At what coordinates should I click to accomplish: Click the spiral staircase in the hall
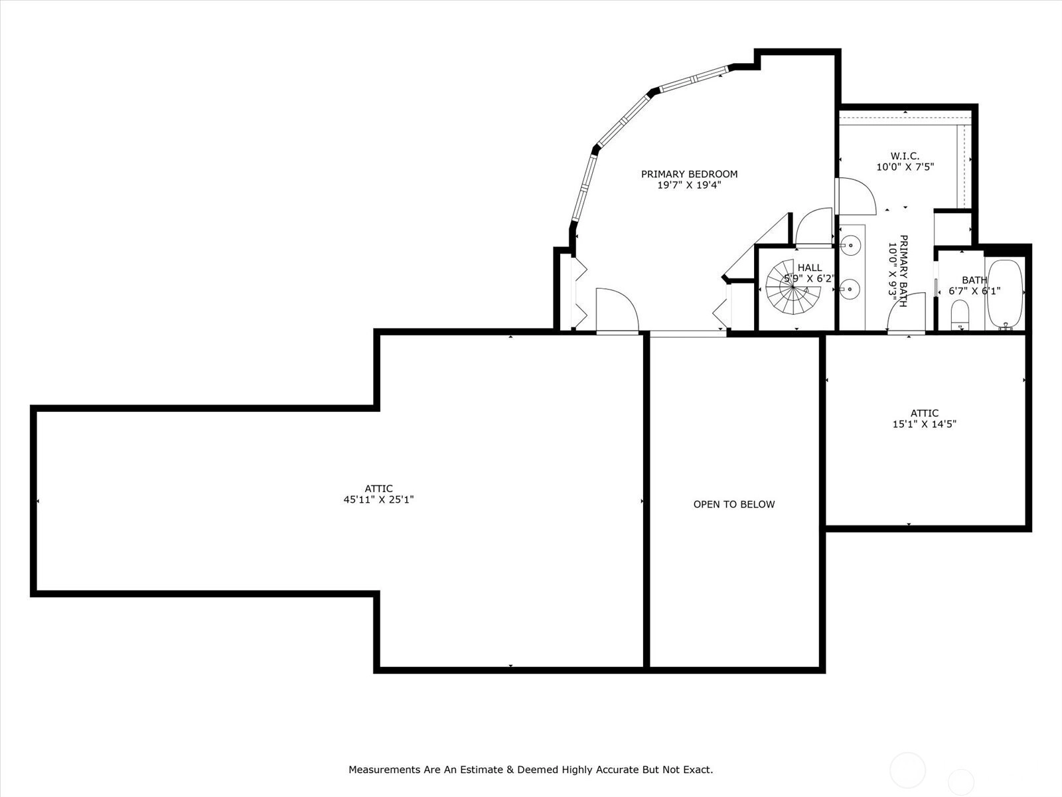793,287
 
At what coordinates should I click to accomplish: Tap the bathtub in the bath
1005,295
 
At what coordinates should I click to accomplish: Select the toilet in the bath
959,315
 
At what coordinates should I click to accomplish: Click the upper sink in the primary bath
850,245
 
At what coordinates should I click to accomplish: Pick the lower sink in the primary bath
850,290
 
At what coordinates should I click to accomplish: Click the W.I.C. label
905,156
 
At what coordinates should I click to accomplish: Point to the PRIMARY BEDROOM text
689,174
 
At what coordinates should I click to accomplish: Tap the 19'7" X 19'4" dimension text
689,185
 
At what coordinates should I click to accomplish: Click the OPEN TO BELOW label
734,504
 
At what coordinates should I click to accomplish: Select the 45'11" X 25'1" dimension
378,499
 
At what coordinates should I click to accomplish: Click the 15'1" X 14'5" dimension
924,424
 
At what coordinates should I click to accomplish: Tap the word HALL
809,268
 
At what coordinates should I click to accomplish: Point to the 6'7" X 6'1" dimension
974,291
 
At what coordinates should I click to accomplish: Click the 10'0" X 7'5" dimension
905,167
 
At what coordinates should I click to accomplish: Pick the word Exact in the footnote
698,769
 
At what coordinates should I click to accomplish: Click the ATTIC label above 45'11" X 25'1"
378,489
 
